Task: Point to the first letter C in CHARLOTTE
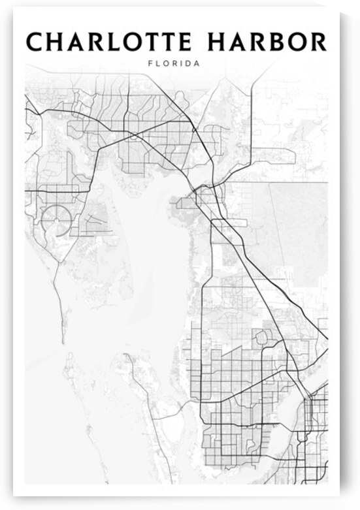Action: point(35,42)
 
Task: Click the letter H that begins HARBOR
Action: point(218,42)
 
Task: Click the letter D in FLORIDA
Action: point(188,65)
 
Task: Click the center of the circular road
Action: point(57,220)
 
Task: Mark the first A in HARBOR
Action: point(239,42)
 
